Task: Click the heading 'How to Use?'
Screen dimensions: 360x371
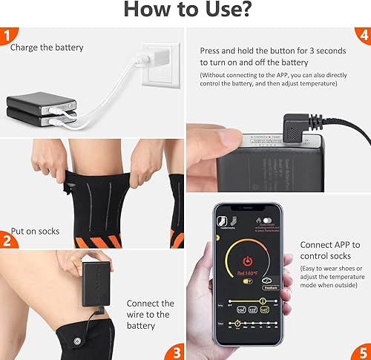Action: click(x=185, y=11)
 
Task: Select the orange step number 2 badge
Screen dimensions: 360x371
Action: click(x=7, y=239)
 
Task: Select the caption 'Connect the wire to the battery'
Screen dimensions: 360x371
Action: click(x=150, y=314)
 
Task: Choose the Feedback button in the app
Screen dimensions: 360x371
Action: click(x=271, y=287)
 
